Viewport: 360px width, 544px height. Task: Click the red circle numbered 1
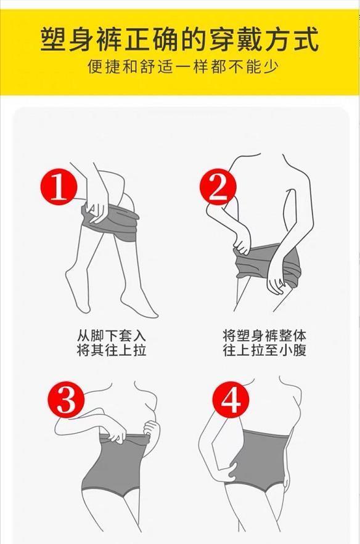tap(59, 187)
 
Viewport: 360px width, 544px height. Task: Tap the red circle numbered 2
tap(218, 188)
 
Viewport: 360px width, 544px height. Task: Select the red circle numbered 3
tap(66, 399)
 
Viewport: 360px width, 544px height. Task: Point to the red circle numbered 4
tap(231, 400)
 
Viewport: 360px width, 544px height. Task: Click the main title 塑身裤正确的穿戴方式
tap(180, 40)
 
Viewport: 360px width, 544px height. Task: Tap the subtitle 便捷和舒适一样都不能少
tap(182, 67)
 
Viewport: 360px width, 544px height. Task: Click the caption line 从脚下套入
tap(112, 336)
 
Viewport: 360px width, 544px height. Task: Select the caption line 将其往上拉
tap(112, 350)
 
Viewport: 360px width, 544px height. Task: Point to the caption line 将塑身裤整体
tap(264, 336)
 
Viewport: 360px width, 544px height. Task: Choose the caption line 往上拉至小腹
tap(264, 350)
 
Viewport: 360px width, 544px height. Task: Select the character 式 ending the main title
tap(306, 40)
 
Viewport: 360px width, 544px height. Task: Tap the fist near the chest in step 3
tap(152, 428)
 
